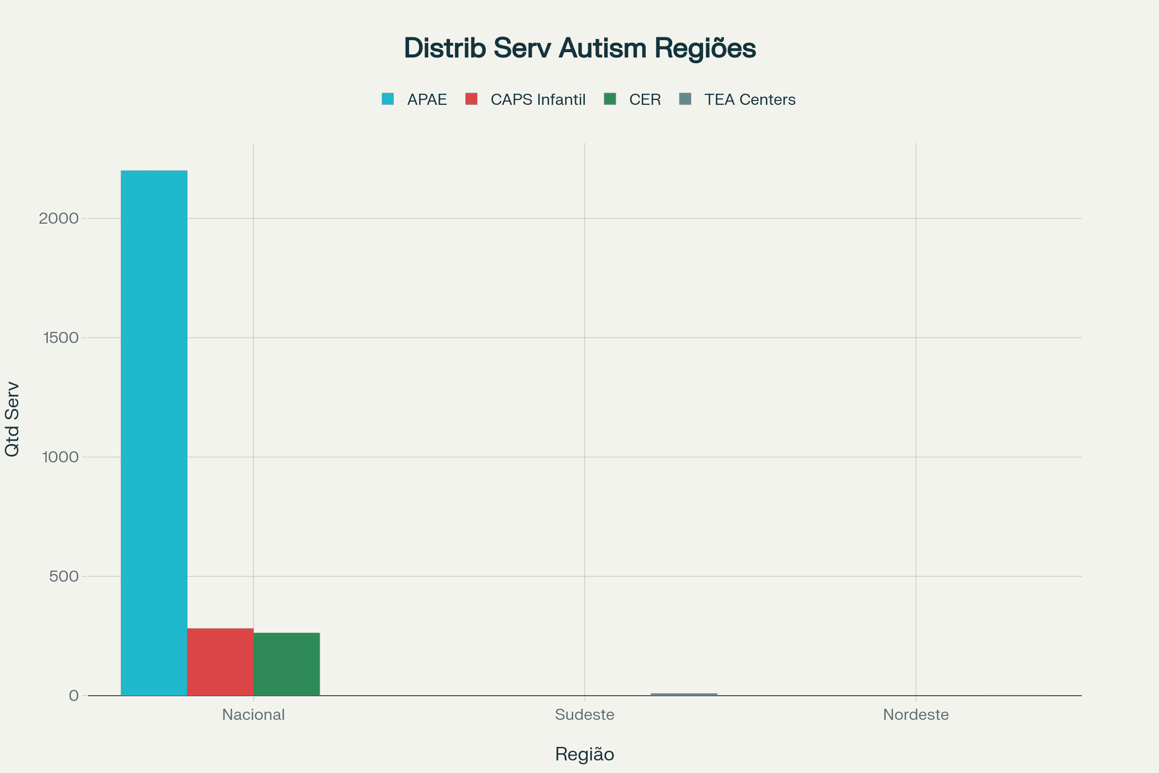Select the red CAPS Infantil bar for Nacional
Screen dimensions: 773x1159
[x=220, y=661]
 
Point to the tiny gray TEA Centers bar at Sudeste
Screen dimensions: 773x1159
[x=684, y=694]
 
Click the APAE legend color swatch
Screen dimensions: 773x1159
[x=388, y=99]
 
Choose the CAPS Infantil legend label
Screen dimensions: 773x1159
[x=537, y=100]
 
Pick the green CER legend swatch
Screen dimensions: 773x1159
[x=610, y=99]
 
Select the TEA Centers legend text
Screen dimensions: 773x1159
[x=749, y=100]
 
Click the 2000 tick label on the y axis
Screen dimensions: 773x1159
[x=58, y=218]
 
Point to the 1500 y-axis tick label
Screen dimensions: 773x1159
[x=61, y=338]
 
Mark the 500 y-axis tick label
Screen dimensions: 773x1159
[x=64, y=576]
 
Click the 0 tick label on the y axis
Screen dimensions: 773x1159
[x=73, y=696]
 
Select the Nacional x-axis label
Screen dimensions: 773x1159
[x=253, y=715]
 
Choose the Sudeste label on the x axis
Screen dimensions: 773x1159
[x=584, y=715]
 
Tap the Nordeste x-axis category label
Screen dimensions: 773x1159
[x=916, y=715]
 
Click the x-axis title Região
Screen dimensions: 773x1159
[x=584, y=754]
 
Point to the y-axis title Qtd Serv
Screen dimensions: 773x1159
[x=12, y=419]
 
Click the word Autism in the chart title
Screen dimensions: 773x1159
[x=602, y=48]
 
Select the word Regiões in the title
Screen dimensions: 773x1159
[x=705, y=48]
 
